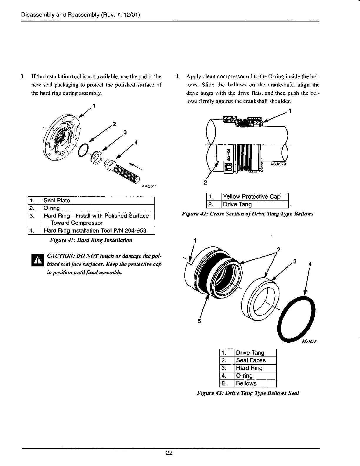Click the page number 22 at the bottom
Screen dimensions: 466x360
(169, 453)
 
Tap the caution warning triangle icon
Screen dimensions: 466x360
(37, 260)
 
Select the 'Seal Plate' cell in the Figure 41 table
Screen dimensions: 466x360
(98, 200)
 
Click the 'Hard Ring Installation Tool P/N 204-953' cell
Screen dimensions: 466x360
(98, 230)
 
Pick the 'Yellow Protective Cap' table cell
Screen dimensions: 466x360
(255, 197)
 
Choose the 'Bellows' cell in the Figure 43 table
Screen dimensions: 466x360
(255, 383)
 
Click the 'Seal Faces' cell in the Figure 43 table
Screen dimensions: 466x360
(255, 360)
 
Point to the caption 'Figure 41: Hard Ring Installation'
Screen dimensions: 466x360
(91, 240)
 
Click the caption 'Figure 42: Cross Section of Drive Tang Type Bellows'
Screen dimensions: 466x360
(248, 214)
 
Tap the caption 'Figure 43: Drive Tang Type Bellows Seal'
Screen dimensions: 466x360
(248, 393)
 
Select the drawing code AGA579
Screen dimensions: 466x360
(278, 164)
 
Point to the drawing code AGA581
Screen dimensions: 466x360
(311, 342)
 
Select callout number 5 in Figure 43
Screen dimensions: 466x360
(199, 321)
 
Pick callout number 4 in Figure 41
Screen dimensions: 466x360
(136, 143)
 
